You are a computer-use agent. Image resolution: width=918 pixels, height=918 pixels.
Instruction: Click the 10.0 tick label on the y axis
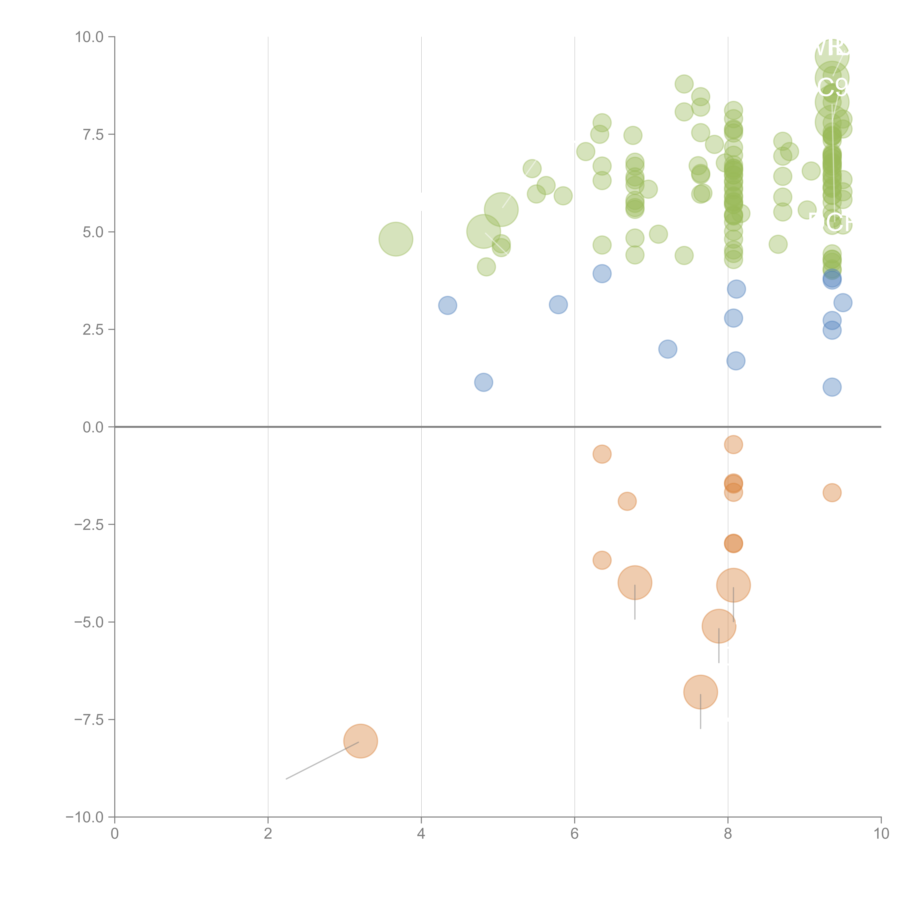click(89, 37)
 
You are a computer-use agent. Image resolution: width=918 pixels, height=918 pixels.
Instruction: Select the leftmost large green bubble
click(395, 239)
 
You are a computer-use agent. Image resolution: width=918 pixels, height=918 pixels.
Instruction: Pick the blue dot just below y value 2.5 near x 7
click(668, 349)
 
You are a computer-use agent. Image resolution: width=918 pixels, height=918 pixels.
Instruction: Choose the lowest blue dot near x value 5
click(484, 382)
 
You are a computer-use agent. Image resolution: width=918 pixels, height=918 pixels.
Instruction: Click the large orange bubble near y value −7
click(700, 692)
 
